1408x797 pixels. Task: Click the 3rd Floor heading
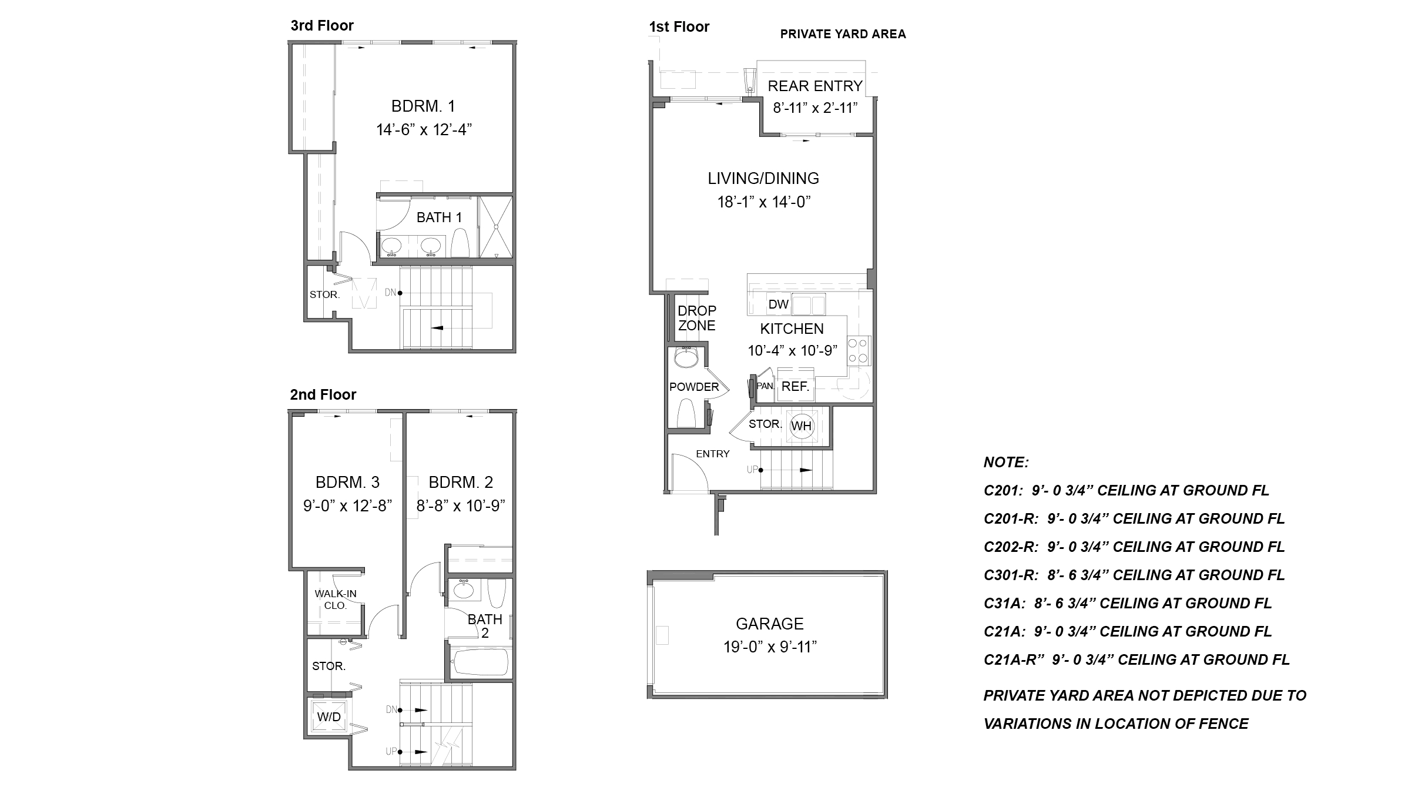click(x=322, y=26)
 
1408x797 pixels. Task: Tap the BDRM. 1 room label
click(x=423, y=106)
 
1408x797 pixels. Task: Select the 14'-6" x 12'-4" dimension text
click(x=424, y=130)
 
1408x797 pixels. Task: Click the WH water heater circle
click(x=802, y=426)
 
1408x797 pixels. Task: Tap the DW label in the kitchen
click(x=778, y=304)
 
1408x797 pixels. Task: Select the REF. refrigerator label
click(x=795, y=387)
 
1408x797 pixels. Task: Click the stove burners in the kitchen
click(x=859, y=351)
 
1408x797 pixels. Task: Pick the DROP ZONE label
click(x=697, y=318)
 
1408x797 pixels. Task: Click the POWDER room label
click(x=694, y=387)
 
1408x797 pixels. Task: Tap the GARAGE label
click(x=769, y=624)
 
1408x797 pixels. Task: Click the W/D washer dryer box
click(x=329, y=716)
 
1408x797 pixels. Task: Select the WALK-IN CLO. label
click(x=336, y=600)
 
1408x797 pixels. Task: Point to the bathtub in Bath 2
click(x=481, y=663)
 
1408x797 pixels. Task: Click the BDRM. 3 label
click(x=347, y=483)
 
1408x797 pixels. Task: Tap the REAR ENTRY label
click(x=814, y=86)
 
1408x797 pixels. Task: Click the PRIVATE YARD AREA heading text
click(x=843, y=34)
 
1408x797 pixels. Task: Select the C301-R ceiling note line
click(x=1134, y=575)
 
